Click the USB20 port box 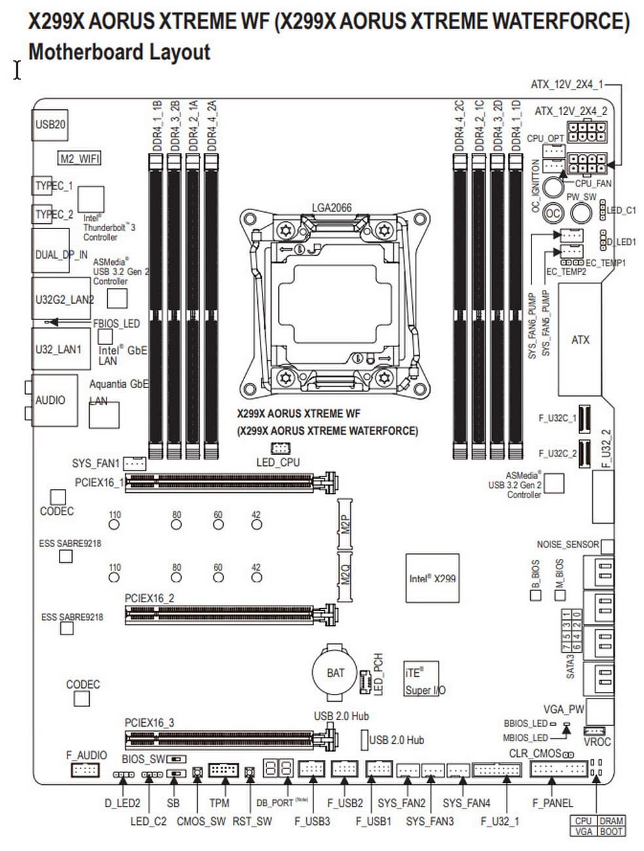(x=50, y=124)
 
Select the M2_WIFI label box (x=79, y=158)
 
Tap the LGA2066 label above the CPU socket (x=331, y=208)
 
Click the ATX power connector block (x=580, y=340)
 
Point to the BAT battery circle (x=335, y=672)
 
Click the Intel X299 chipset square (x=432, y=578)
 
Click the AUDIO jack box (x=50, y=400)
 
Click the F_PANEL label (x=552, y=803)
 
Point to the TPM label (x=219, y=803)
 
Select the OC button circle (x=553, y=213)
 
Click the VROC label (x=596, y=742)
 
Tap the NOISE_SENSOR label (x=567, y=544)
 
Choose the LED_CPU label (x=277, y=462)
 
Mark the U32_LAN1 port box (x=58, y=349)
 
